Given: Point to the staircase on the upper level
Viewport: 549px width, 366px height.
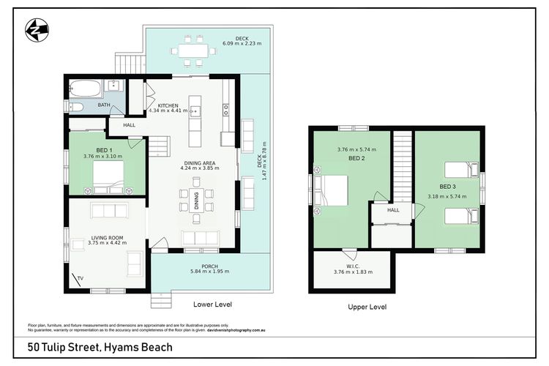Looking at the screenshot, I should (403, 165).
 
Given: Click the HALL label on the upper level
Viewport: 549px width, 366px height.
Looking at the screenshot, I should (392, 210).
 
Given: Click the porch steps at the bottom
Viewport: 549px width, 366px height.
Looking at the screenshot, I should (161, 299).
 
